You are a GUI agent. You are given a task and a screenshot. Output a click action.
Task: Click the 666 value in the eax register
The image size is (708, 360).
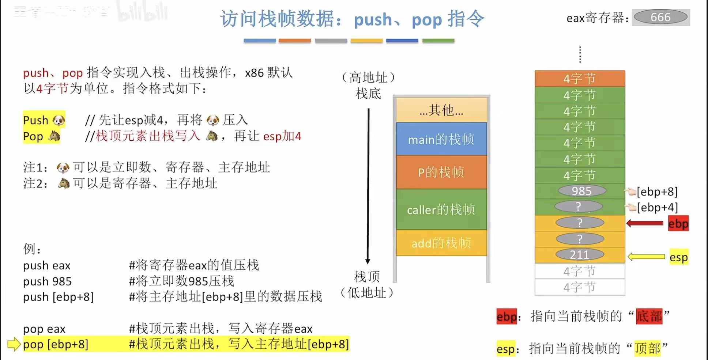660,17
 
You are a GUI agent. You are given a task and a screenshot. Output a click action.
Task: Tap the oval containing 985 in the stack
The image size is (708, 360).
581,191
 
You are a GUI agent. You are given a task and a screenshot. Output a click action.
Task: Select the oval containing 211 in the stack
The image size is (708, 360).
580,255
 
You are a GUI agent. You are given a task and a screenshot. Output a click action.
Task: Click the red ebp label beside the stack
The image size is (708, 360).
678,223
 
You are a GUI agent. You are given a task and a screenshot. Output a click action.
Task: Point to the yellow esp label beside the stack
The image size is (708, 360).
678,257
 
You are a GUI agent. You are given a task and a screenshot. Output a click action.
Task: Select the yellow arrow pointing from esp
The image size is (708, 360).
646,257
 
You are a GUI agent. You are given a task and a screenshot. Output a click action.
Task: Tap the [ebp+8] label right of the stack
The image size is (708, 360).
657,192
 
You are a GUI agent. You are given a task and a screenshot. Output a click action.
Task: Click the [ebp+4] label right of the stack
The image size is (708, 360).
657,208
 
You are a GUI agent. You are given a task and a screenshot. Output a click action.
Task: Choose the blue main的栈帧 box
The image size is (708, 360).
441,139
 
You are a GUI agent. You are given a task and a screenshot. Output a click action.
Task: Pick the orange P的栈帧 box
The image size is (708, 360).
441,172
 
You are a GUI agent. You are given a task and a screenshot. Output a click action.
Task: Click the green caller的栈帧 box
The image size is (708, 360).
441,209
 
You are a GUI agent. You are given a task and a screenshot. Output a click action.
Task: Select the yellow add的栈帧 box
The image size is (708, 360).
441,243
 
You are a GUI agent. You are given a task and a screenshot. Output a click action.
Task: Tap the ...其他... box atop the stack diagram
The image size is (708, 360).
441,110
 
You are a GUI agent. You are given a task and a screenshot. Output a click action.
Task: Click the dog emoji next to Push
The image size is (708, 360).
59,120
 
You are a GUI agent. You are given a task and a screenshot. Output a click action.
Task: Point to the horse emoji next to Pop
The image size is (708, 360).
54,136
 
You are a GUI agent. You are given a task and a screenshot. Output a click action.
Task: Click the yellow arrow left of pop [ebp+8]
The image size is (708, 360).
14,344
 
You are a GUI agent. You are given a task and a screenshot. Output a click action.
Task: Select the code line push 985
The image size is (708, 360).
48,281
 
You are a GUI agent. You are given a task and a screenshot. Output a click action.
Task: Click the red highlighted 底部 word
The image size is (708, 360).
649,316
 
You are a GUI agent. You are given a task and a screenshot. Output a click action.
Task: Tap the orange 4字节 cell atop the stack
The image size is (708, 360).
580,79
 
